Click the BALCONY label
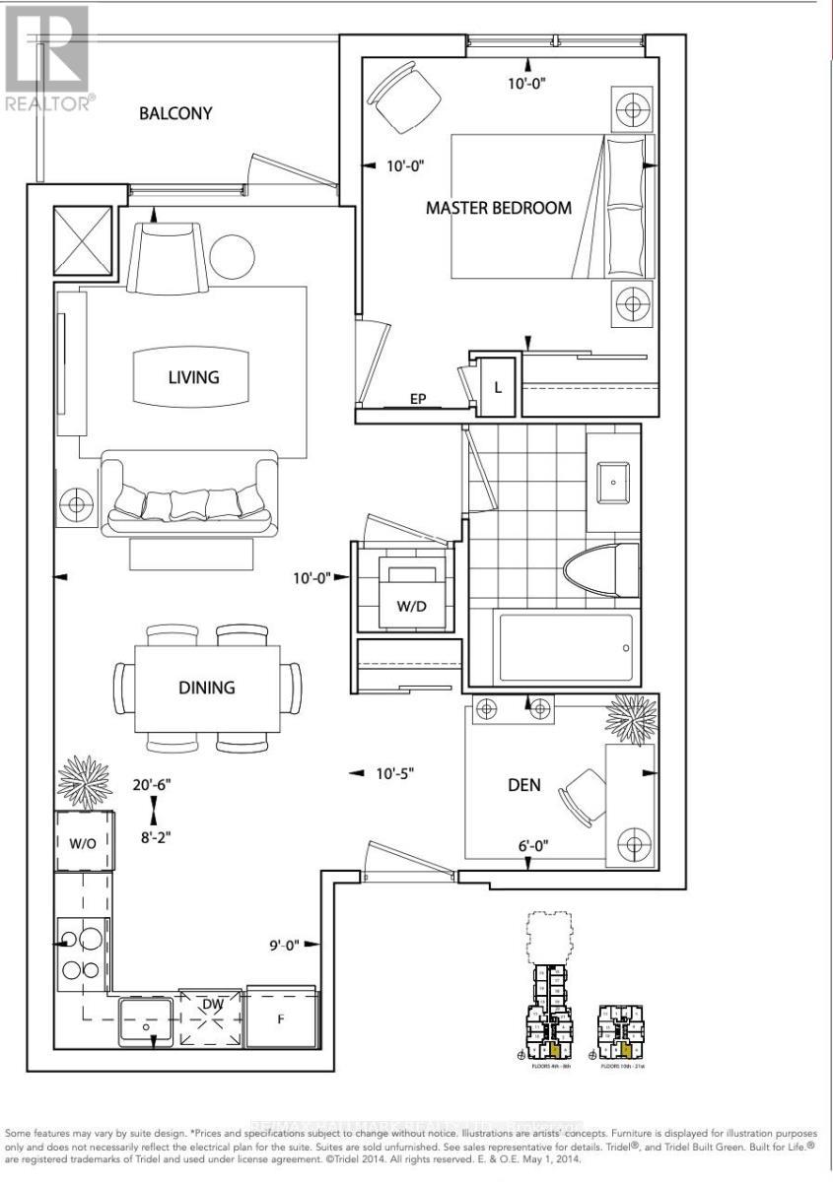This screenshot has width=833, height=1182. coord(175,113)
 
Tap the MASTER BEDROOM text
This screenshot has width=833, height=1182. coord(498,208)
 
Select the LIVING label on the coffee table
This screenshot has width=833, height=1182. coord(193,376)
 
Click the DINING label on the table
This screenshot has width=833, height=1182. coord(207,687)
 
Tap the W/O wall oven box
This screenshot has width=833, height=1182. coord(83,842)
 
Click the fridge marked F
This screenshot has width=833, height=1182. coord(282,1018)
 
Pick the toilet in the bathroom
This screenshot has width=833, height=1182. coord(601,573)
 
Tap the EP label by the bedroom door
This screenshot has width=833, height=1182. coord(418,400)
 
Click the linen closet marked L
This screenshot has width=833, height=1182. coord(498,387)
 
